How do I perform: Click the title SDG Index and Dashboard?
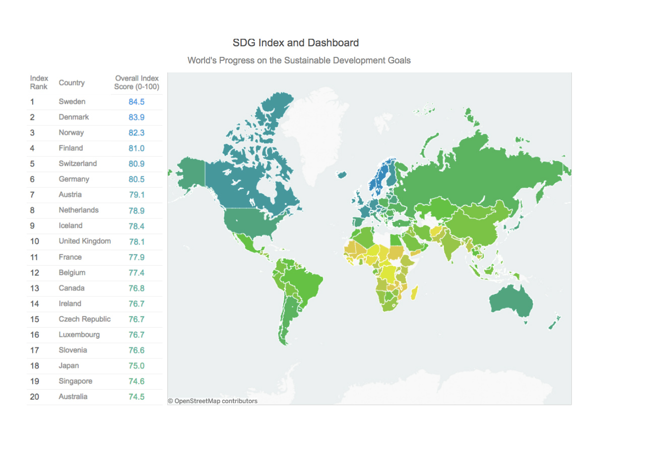point(296,43)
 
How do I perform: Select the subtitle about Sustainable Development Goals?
point(299,60)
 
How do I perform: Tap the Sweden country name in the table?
point(72,102)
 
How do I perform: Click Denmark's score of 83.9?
point(137,117)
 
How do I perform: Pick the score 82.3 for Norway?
point(137,133)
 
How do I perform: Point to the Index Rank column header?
point(39,83)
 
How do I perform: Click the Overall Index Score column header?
point(137,83)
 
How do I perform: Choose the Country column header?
point(72,83)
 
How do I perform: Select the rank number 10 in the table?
point(34,242)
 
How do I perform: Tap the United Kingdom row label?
point(85,242)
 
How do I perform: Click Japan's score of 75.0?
point(137,366)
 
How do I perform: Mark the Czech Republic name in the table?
point(85,319)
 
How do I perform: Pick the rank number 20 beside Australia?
point(34,397)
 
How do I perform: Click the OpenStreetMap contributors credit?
point(213,401)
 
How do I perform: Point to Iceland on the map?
point(342,175)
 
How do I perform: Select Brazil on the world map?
point(302,282)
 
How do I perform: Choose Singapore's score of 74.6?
point(137,382)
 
